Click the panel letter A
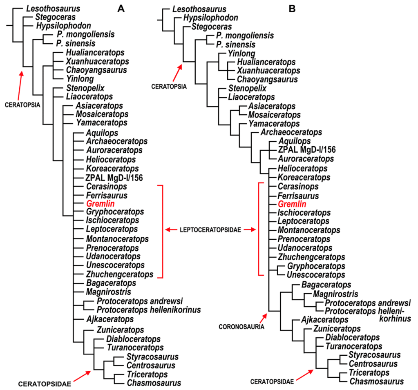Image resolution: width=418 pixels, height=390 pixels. tap(121, 8)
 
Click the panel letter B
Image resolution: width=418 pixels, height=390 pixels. tap(292, 8)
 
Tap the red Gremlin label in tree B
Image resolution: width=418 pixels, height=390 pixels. tap(292, 204)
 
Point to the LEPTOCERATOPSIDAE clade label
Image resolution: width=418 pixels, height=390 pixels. tap(211, 230)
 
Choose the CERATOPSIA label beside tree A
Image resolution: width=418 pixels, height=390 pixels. tap(22, 105)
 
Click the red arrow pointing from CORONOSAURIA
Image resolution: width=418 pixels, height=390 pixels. tap(263, 318)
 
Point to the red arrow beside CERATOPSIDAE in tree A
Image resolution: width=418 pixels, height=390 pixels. tap(83, 377)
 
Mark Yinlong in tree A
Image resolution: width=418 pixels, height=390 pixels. tap(78, 79)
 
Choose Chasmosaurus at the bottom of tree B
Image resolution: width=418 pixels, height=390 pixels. tap(376, 381)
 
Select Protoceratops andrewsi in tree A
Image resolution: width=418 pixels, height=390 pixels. tap(140, 301)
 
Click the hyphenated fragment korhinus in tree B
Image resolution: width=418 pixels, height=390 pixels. tap(386, 319)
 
